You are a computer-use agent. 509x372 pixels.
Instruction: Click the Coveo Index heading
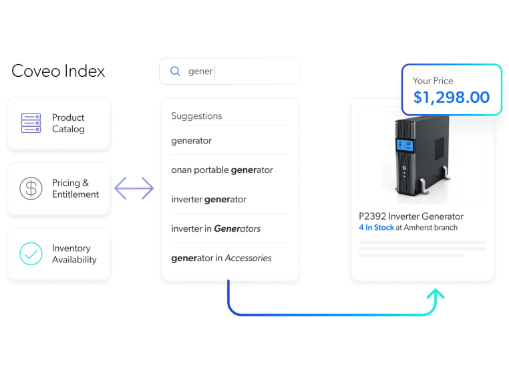click(58, 71)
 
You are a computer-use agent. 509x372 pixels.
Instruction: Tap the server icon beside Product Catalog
click(31, 123)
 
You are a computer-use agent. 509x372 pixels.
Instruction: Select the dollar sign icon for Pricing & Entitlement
click(31, 188)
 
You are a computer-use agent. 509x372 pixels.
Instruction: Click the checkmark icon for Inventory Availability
click(31, 254)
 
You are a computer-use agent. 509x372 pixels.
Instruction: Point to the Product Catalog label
click(69, 123)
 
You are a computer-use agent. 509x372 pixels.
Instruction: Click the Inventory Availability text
click(75, 254)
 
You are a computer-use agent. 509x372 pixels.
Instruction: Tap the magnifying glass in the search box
click(175, 71)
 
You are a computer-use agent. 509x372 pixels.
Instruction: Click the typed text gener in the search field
click(200, 71)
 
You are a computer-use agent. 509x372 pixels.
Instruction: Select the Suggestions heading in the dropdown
click(196, 116)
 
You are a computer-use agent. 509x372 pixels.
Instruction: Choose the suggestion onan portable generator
click(222, 170)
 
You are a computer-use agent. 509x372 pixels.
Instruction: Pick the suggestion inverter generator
click(208, 199)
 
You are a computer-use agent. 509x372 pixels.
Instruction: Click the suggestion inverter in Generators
click(216, 228)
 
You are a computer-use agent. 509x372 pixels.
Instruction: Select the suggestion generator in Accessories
click(221, 258)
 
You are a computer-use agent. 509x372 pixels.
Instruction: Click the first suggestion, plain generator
click(191, 140)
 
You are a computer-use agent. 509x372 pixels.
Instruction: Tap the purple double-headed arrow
click(134, 189)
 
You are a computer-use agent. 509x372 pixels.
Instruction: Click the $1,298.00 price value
click(452, 98)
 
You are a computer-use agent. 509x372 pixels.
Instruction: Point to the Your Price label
click(433, 81)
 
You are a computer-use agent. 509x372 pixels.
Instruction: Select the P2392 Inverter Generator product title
click(411, 216)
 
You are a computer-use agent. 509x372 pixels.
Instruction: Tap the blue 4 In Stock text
click(376, 228)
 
